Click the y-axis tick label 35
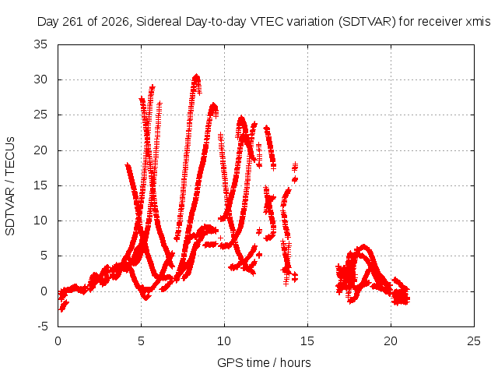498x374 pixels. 40,44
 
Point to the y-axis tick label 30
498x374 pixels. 40,79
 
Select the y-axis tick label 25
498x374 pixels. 40,115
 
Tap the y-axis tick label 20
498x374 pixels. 40,150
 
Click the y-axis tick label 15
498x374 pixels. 40,185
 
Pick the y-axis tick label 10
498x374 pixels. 40,221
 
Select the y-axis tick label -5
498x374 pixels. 42,326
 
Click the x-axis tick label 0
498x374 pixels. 58,341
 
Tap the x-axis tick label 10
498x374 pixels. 224,341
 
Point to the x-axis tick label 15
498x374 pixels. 307,341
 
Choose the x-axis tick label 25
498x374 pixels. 474,341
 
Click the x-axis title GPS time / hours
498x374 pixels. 264,363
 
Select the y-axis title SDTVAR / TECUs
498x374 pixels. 10,186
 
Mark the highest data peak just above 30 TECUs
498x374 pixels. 196,76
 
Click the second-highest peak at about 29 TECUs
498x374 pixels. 153,86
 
